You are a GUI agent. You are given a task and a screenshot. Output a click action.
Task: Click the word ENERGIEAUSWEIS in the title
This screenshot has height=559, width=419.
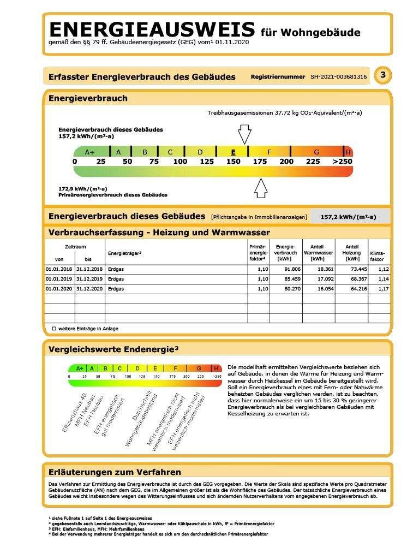coord(152,29)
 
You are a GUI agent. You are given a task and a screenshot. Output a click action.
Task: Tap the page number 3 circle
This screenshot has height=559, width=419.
coord(383,75)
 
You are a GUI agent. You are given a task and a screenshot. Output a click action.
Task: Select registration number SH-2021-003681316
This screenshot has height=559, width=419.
coord(338,77)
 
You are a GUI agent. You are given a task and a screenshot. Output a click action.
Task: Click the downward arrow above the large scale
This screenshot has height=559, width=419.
coord(244,134)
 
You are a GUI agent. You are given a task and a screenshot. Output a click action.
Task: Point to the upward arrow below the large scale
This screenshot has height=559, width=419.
coord(261,187)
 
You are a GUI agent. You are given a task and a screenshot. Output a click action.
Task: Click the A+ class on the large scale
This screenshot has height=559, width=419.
coord(90,152)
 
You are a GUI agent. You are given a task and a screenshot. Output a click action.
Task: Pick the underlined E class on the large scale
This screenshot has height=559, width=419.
coord(234,152)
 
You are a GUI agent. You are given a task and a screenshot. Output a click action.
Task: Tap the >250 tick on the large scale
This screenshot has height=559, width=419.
coord(343,162)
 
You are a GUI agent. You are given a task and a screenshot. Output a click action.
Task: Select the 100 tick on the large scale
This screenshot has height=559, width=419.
coord(180,162)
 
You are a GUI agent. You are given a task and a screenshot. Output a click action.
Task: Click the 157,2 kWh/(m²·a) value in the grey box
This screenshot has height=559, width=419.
coord(348,217)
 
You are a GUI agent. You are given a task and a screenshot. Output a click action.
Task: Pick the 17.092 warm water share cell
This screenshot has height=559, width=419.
coord(318,279)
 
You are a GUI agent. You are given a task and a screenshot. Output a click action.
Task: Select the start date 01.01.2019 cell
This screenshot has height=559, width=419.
coord(59,279)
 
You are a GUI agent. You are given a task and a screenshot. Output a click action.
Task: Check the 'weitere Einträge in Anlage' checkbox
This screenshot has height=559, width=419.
coord(54,329)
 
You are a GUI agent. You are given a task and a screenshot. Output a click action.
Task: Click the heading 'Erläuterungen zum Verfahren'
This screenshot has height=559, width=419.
coord(115,472)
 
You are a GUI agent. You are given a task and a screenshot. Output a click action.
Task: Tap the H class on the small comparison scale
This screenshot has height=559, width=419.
coord(216,368)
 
